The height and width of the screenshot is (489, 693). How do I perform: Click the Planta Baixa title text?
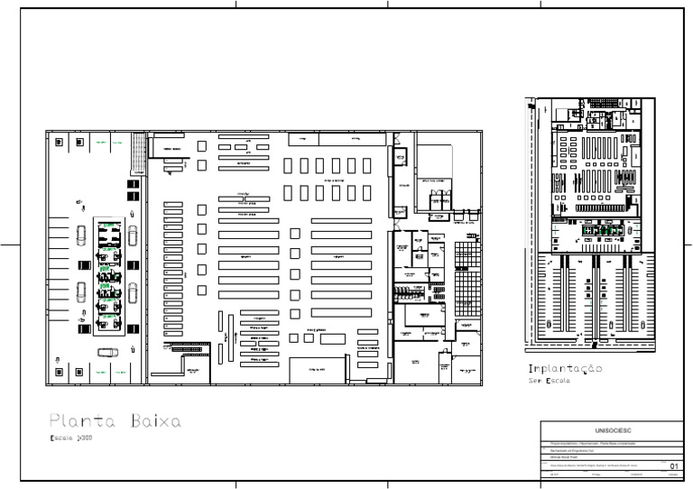point(115,420)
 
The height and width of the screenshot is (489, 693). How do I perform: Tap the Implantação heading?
point(565,370)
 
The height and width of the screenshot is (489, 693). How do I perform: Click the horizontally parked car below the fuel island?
point(107,353)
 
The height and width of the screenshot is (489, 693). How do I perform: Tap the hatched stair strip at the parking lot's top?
point(138,152)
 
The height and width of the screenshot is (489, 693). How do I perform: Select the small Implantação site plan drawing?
point(591,221)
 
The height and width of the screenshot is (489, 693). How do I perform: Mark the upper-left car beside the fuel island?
point(81,236)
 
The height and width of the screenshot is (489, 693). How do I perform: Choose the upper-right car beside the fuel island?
point(134,236)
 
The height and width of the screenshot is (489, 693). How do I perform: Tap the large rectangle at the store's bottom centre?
point(317,370)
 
